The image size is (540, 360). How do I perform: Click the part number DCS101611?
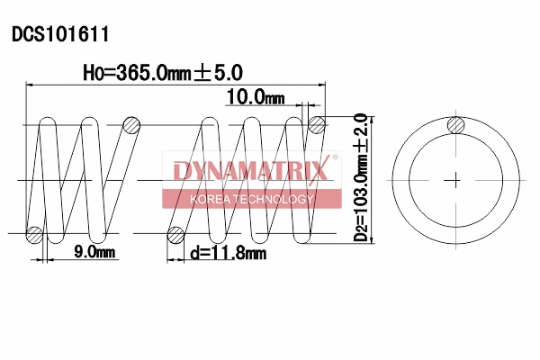[x=60, y=35]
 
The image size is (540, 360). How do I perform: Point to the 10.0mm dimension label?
[x=255, y=97]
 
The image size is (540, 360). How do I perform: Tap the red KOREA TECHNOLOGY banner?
[x=252, y=199]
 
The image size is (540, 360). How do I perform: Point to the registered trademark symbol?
[x=336, y=158]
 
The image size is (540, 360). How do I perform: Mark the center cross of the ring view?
[x=457, y=179]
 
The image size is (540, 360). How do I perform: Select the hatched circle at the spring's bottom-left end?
[x=35, y=236]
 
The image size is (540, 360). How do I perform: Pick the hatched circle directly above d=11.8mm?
[x=176, y=237]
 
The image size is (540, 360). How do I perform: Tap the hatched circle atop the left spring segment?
[x=131, y=123]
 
